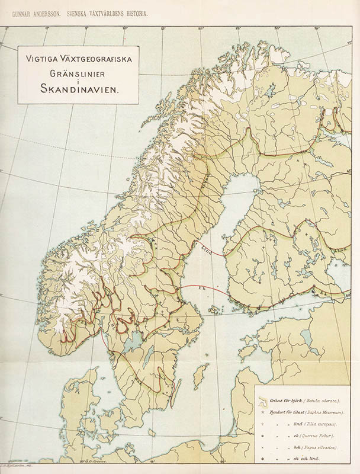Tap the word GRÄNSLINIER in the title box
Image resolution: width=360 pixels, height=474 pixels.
tap(78, 72)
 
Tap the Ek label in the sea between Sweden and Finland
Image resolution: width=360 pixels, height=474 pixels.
tap(202, 289)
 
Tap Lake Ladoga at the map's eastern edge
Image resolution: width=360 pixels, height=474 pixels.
tap(346, 270)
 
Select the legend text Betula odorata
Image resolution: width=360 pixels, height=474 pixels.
tap(320, 399)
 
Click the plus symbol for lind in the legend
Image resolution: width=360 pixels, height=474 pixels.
tap(262, 424)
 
